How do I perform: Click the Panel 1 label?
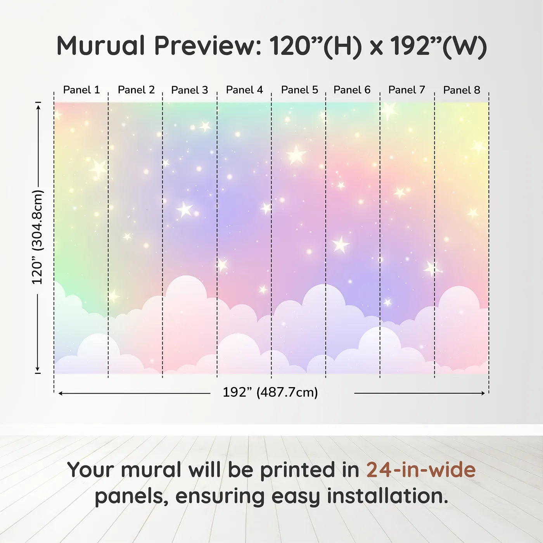(81, 90)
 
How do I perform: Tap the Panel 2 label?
(136, 90)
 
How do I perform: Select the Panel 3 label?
(190, 90)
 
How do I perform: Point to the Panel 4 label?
(244, 90)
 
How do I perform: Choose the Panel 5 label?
(299, 90)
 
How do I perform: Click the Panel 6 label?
(352, 90)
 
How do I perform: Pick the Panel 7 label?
(406, 90)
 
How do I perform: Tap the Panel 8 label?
(462, 90)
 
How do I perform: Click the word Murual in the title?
(100, 45)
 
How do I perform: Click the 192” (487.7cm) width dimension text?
(270, 392)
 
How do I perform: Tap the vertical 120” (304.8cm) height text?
(37, 237)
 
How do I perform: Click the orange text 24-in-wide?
(421, 470)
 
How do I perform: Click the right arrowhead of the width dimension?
(483, 393)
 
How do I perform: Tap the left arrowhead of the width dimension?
(60, 393)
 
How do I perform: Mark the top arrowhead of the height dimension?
(39, 106)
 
